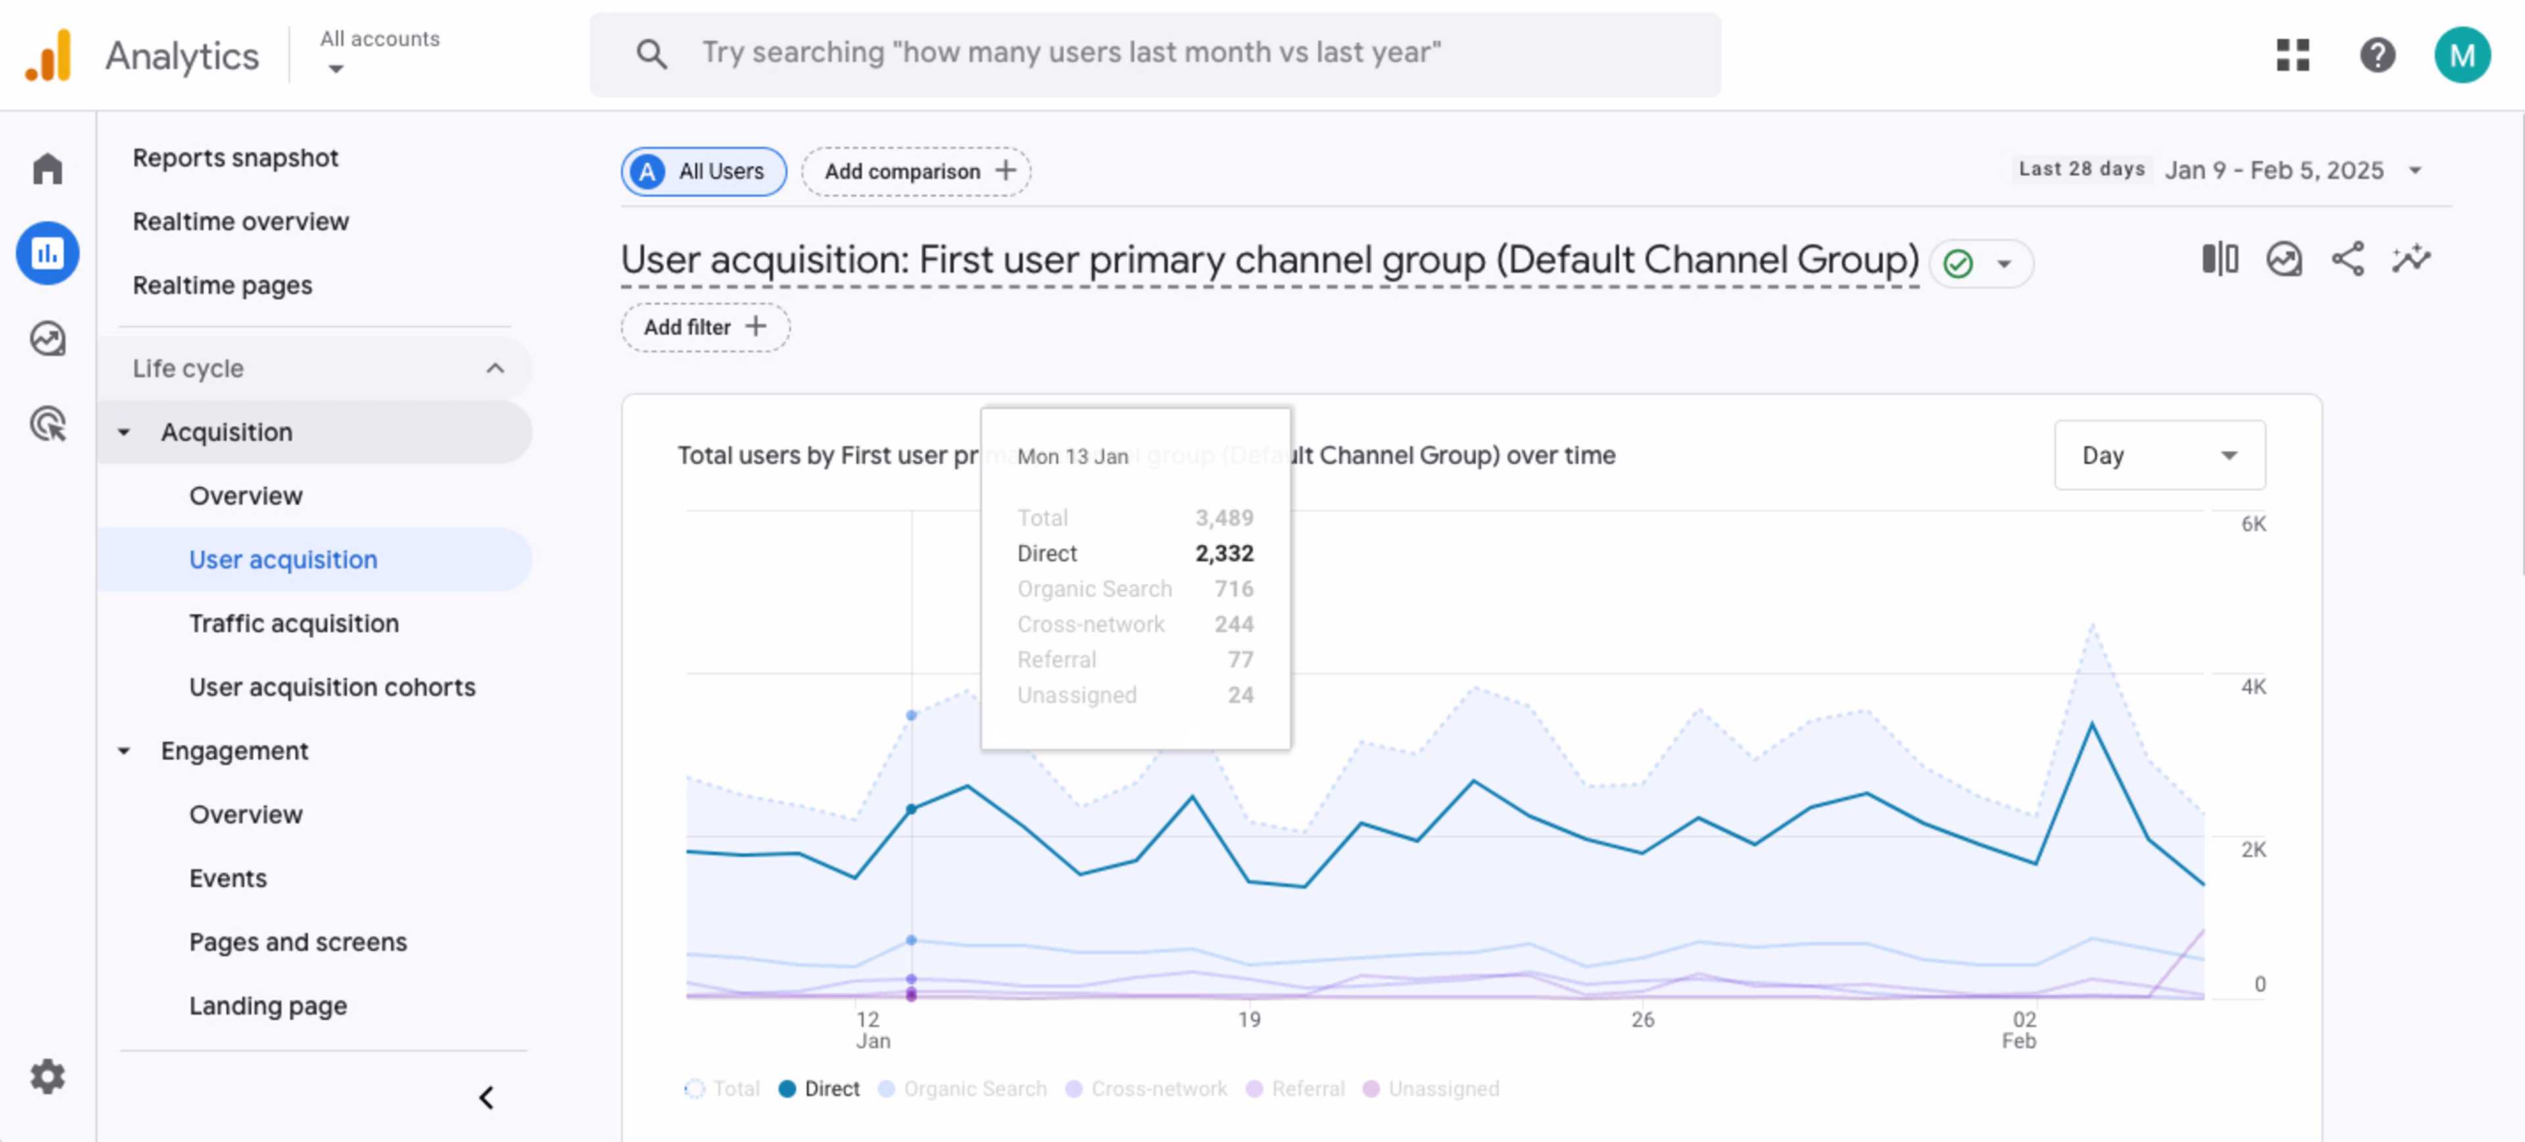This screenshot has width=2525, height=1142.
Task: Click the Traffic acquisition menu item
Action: click(293, 624)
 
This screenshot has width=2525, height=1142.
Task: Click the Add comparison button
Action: click(915, 172)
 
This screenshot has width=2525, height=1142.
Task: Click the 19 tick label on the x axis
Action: click(1248, 1020)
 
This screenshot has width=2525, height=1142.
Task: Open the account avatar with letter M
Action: click(2461, 55)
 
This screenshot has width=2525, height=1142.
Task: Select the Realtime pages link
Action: click(222, 285)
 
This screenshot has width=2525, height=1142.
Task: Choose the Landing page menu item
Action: click(268, 1006)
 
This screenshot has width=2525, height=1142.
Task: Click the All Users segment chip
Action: click(703, 172)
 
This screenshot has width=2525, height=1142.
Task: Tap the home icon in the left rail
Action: click(47, 168)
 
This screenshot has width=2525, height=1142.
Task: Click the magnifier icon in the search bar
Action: click(651, 54)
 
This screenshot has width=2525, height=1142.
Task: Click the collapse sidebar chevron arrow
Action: click(486, 1097)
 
